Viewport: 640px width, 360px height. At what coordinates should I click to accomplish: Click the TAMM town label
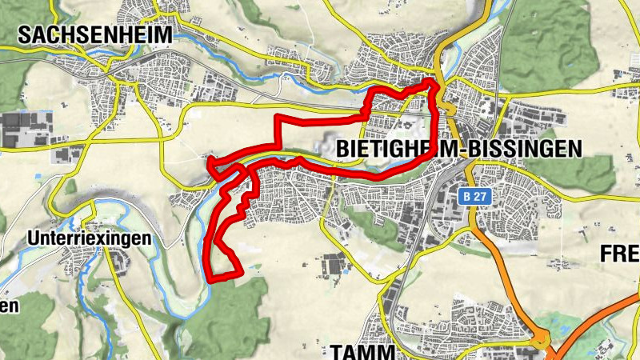point(362,351)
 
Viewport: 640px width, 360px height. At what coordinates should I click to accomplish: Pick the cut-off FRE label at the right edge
point(619,254)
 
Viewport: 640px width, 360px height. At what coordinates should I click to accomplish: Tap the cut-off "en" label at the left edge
point(8,306)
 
